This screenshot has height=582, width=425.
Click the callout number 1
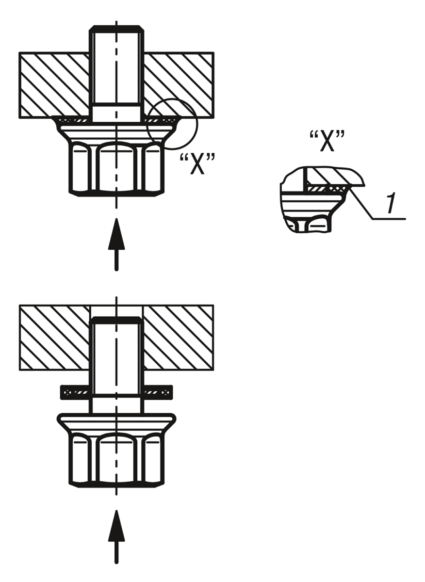point(391,203)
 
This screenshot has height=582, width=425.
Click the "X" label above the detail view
point(327,141)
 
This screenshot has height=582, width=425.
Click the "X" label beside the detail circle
point(197,164)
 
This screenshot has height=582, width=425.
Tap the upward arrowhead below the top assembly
point(116,234)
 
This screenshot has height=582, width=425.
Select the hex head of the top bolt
point(116,169)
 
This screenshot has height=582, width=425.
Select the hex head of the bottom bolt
point(116,460)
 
